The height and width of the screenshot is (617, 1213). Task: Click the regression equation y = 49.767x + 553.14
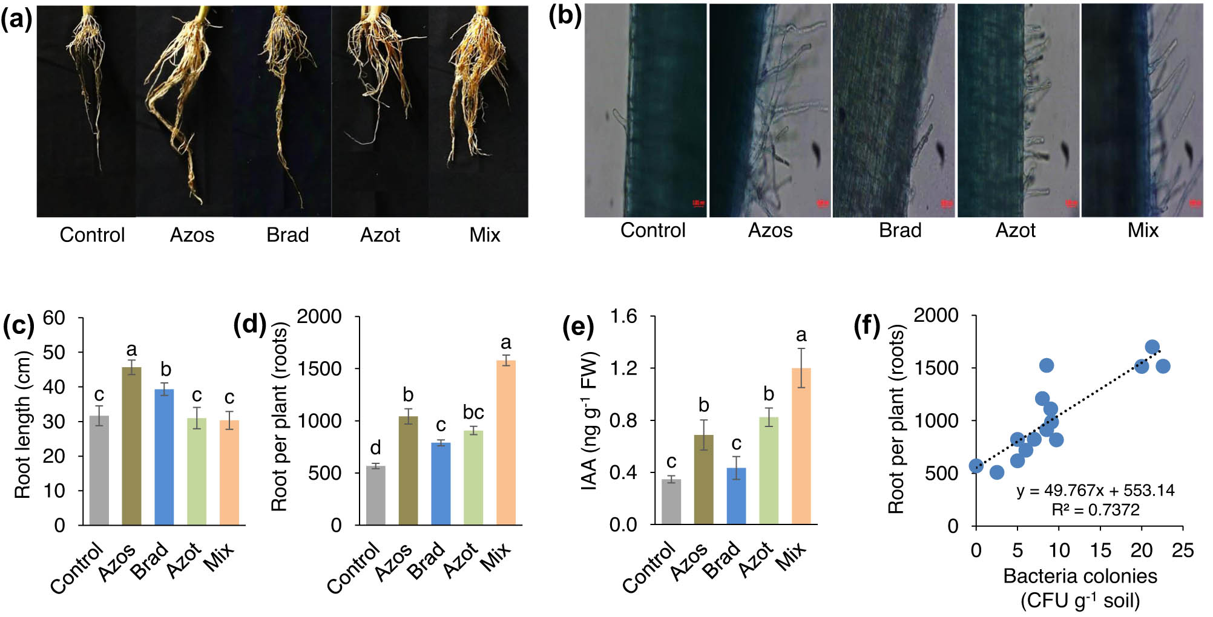[1095, 490]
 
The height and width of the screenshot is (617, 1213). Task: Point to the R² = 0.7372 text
[1095, 510]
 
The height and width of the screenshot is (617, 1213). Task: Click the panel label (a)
[16, 19]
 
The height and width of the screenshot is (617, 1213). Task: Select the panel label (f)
[867, 326]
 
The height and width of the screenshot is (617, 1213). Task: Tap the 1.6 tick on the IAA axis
[623, 316]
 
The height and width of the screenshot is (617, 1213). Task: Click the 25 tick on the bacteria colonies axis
[1182, 550]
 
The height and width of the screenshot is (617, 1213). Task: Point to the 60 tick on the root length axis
[54, 318]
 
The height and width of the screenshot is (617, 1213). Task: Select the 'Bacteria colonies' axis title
[1080, 576]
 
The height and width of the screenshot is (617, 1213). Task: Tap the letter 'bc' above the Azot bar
[473, 412]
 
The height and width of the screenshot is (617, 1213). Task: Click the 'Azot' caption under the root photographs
[380, 235]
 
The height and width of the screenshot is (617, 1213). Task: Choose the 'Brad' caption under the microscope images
[900, 230]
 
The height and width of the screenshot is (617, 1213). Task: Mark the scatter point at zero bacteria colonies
[976, 466]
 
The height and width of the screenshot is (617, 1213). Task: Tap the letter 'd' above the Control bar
[375, 448]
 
